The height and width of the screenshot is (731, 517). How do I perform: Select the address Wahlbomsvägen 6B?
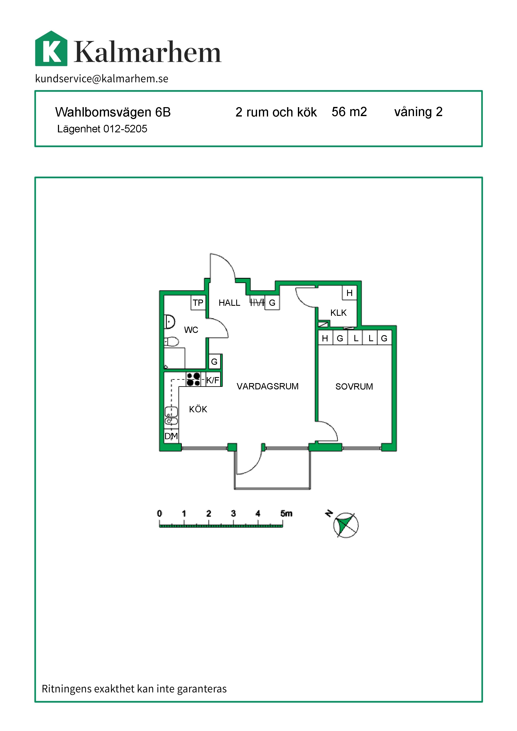click(x=113, y=112)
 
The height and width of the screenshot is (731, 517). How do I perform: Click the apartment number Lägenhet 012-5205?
click(x=102, y=129)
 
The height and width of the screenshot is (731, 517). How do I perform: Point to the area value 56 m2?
click(x=349, y=112)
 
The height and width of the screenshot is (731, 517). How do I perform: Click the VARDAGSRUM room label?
click(x=267, y=386)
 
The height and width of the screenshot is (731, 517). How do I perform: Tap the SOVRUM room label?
click(x=354, y=386)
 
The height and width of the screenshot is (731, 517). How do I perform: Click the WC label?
click(x=191, y=330)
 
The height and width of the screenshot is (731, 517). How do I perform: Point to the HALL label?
click(x=229, y=303)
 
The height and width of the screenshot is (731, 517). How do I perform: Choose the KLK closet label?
click(x=338, y=313)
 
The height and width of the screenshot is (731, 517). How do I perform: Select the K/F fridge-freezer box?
click(x=213, y=380)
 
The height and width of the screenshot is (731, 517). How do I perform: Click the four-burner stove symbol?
click(x=193, y=379)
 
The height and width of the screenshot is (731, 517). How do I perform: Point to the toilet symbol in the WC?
click(x=171, y=342)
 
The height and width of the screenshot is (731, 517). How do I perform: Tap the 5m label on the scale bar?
click(x=286, y=513)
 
